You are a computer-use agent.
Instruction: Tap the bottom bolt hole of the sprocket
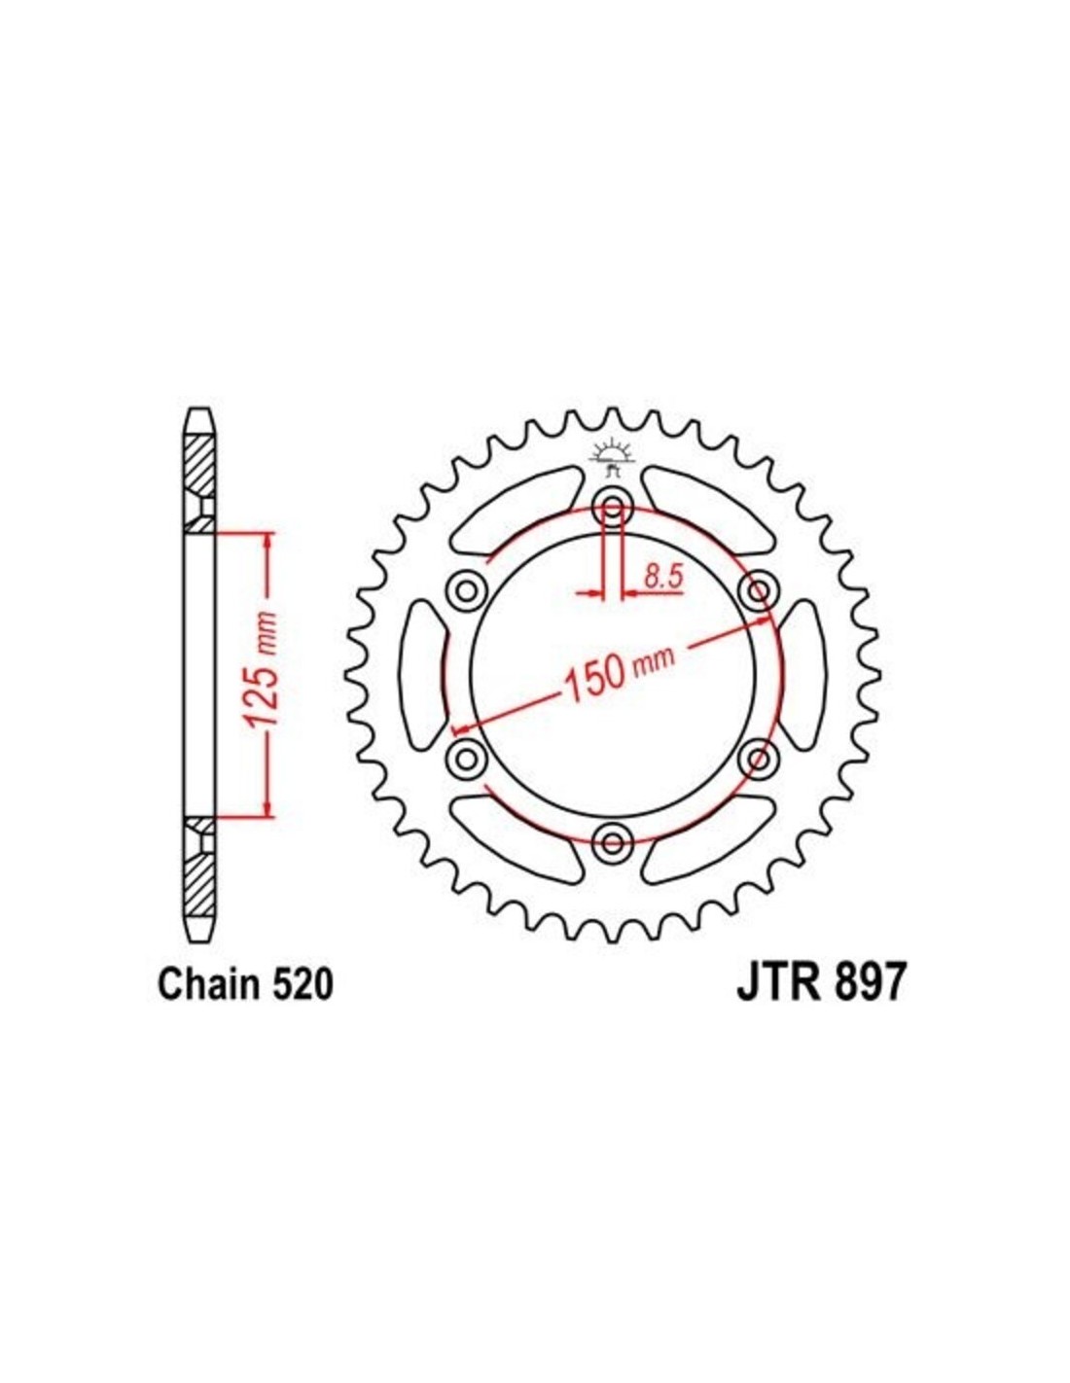click(613, 842)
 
